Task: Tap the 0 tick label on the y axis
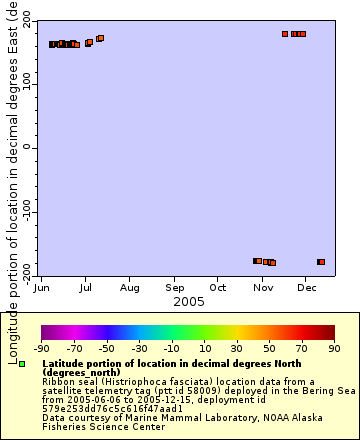[29, 148]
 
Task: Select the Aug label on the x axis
[130, 287]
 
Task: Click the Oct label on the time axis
[219, 287]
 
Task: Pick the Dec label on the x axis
[307, 287]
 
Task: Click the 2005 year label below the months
[188, 300]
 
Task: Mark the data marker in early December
[321, 262]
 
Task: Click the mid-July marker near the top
[100, 38]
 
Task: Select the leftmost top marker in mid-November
[285, 34]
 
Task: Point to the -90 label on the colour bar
[42, 349]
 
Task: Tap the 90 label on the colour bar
[334, 349]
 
